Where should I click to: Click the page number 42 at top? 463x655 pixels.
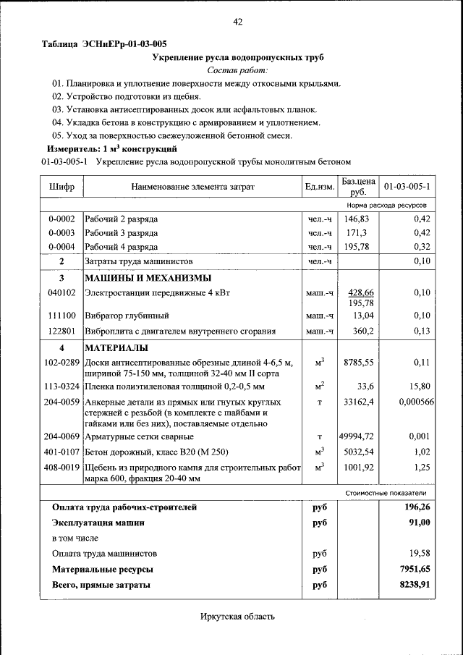tap(237, 22)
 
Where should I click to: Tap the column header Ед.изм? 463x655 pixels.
tap(319, 187)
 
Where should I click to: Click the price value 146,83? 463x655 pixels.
tap(357, 219)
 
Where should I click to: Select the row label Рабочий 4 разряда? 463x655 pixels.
tap(122, 247)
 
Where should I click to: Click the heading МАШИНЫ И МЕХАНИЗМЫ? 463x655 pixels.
tap(148, 278)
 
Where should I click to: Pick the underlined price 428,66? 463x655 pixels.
tap(360, 292)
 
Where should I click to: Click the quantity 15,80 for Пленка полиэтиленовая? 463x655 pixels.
tap(420, 386)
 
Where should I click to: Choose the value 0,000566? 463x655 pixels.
tap(416, 401)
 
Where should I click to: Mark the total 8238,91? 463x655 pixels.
tap(415, 584)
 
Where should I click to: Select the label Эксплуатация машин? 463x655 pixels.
tap(98, 522)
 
